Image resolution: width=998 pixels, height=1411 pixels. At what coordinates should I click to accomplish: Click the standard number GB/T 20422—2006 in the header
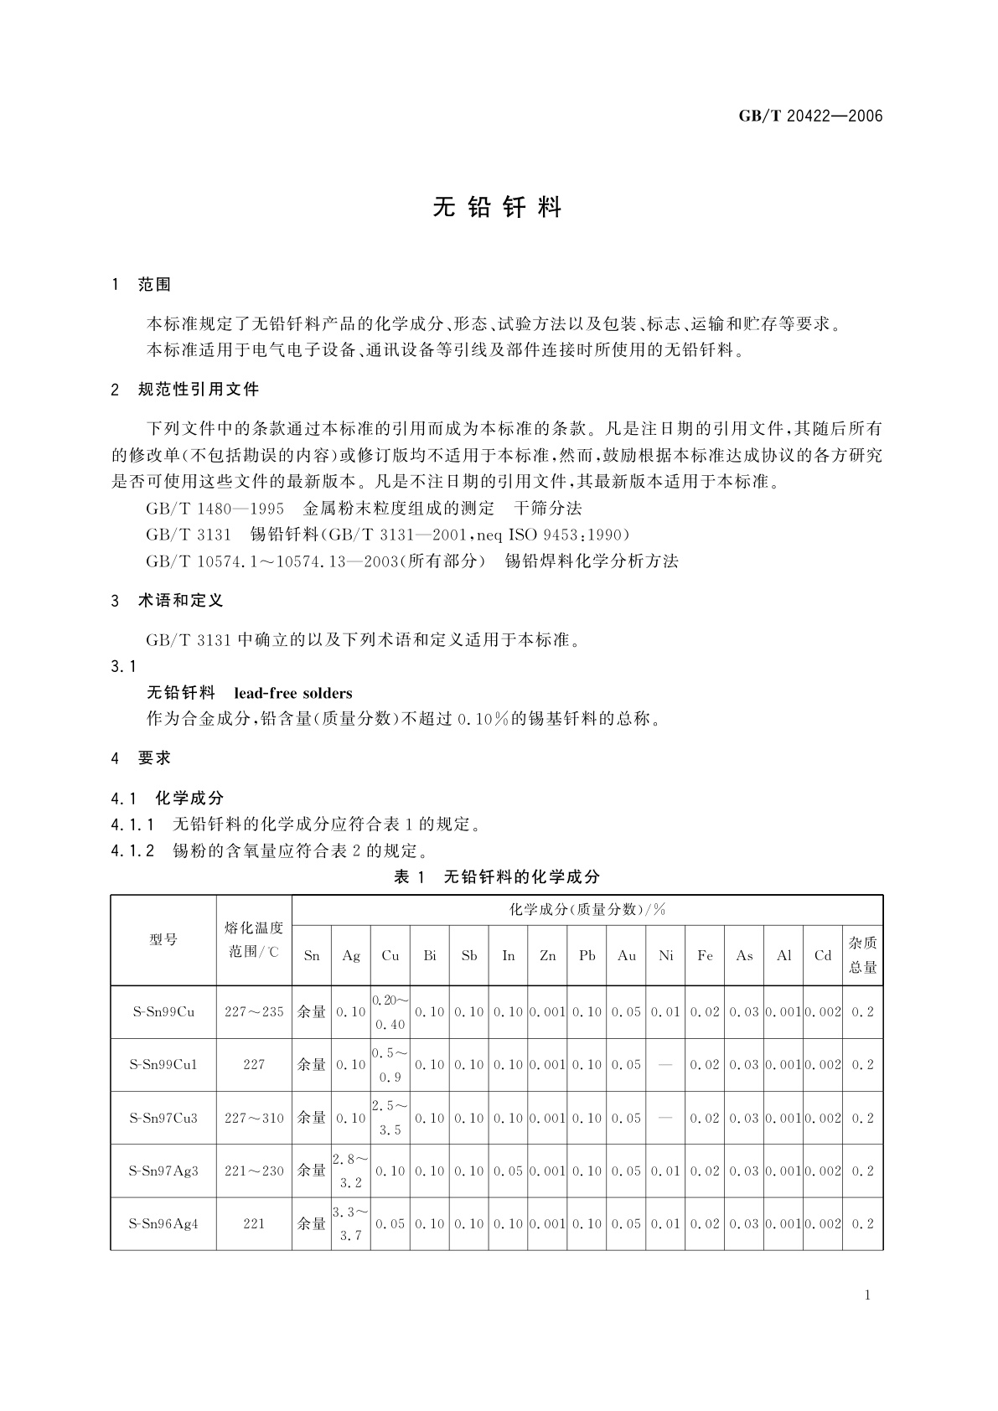point(810,116)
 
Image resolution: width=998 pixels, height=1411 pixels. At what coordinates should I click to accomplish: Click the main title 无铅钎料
point(497,208)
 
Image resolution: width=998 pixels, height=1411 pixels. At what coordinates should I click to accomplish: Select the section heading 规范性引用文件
point(199,390)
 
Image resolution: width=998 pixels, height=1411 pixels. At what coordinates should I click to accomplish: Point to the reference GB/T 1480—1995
point(215,508)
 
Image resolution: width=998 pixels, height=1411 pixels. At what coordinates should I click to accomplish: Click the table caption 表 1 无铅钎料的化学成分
point(497,876)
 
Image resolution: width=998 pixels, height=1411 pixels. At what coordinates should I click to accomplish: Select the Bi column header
point(430,955)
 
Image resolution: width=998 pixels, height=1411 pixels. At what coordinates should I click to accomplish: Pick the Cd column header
point(822,955)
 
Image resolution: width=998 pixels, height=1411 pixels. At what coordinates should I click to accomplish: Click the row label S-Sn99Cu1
point(163,1064)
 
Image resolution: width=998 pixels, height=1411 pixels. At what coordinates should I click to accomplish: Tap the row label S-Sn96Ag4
point(163,1223)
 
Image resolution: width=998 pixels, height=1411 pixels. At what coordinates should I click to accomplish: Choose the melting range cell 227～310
point(254,1118)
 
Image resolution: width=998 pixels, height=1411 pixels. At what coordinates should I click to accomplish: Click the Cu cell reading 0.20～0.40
point(390,1011)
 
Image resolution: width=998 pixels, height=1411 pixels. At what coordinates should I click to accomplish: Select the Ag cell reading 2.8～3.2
point(350,1171)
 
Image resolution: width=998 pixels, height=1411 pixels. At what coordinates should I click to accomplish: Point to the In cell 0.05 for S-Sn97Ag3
point(508,1171)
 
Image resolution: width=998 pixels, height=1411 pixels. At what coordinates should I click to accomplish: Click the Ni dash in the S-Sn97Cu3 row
point(665,1118)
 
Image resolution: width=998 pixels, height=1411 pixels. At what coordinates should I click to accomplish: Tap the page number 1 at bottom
point(867,1295)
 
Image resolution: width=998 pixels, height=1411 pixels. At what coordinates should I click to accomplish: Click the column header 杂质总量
point(862,955)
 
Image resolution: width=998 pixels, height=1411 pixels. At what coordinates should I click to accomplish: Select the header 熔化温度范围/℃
point(254,939)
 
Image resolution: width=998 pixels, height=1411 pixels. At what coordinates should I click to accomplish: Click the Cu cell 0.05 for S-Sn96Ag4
point(390,1223)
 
